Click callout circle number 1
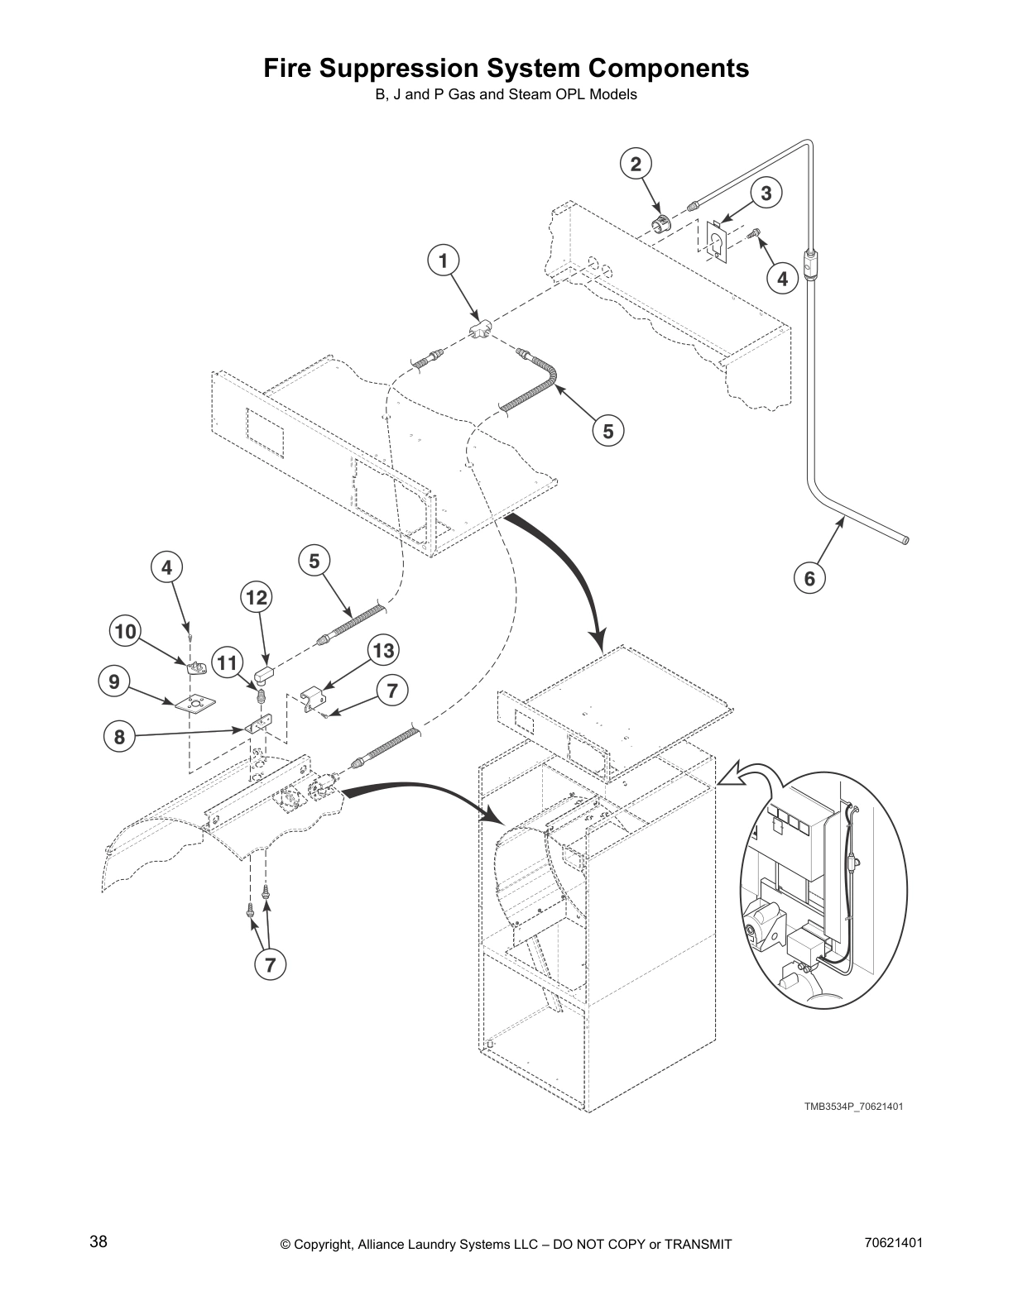(x=444, y=261)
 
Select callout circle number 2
(x=636, y=164)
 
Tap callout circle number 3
(x=766, y=193)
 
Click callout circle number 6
(x=809, y=578)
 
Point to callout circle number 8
(x=119, y=736)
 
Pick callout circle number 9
(x=113, y=681)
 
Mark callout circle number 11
(x=228, y=662)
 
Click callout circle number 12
(x=257, y=596)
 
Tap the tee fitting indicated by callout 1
(x=479, y=329)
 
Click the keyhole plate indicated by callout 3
(x=715, y=241)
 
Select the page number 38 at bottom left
(x=98, y=1241)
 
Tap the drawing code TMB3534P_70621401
(x=852, y=1106)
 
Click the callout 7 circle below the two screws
(x=270, y=963)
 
